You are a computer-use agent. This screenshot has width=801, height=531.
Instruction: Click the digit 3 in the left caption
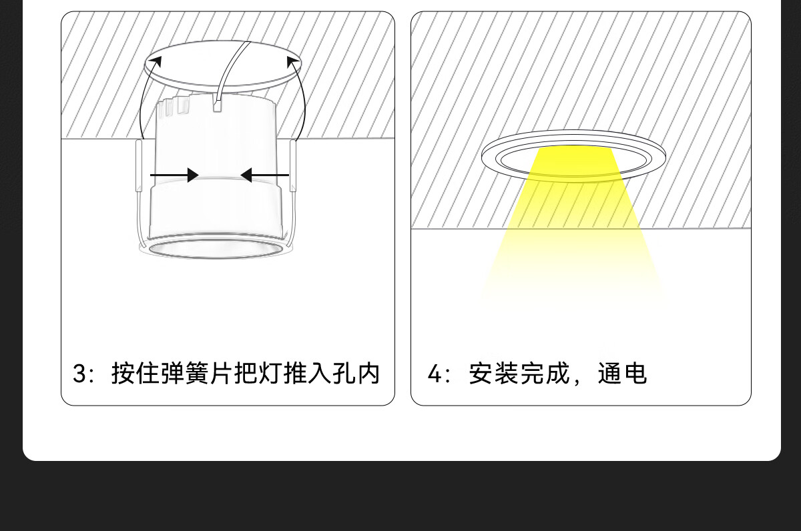80,374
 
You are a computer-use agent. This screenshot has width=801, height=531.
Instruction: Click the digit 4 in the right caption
435,374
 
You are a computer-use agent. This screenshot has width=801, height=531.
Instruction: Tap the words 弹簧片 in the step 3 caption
184,374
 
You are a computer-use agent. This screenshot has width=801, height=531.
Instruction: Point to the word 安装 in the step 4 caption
493,374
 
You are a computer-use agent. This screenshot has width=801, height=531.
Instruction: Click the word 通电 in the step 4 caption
622,374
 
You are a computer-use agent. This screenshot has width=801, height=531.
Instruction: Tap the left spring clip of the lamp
139,167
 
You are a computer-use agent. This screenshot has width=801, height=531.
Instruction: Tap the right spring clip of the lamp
293,167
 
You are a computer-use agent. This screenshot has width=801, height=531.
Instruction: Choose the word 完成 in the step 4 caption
545,374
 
